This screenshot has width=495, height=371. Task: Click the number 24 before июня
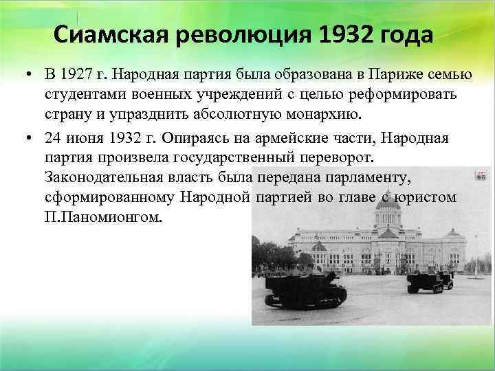[52, 139]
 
